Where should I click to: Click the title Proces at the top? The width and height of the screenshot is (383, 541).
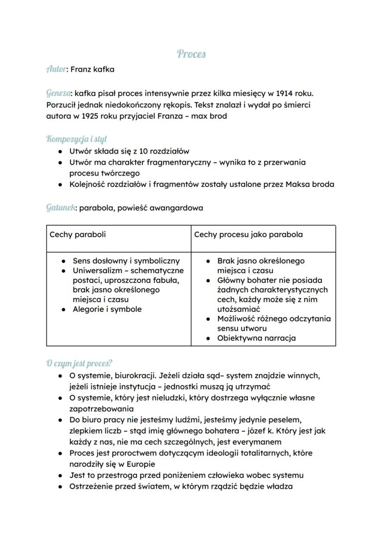(x=191, y=54)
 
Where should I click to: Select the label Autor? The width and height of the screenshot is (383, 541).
(x=56, y=69)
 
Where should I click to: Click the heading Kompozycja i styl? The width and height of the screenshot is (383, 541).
(x=77, y=139)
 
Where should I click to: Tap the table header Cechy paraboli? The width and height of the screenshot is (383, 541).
(x=77, y=234)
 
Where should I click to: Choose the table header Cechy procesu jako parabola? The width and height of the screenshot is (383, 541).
(x=248, y=234)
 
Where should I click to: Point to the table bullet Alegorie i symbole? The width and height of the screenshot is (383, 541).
(x=107, y=309)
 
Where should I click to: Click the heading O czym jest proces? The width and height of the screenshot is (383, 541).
(x=79, y=363)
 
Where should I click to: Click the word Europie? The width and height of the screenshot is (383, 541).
(x=140, y=464)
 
